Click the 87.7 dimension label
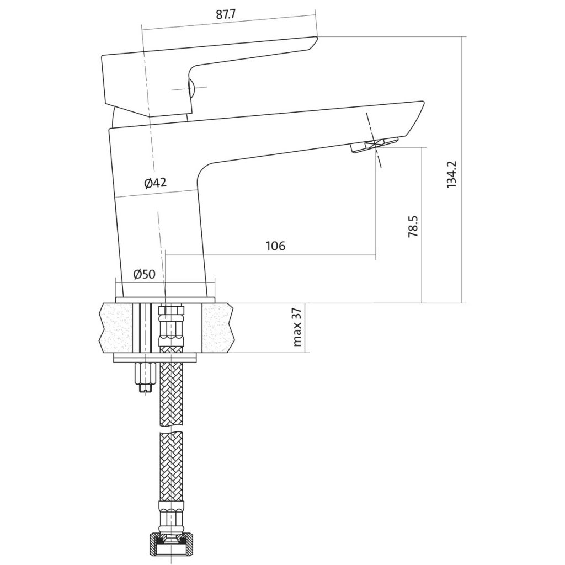pos(226,15)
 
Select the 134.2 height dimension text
pos(451,174)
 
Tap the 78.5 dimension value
pos(413,226)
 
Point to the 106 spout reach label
pos(275,246)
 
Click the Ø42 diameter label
pos(155,183)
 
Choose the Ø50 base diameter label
pos(144,275)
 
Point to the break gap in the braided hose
pos(171,428)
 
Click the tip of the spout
pos(422,103)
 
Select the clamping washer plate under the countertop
pos(156,359)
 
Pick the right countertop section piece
pos(217,328)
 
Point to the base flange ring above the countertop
pos(166,300)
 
